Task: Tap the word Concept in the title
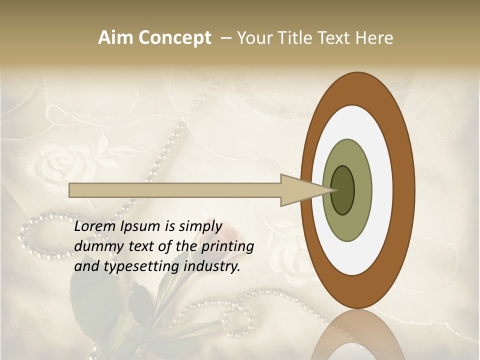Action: pos(174,38)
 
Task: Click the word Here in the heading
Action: pos(374,38)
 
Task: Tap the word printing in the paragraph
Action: pos(227,247)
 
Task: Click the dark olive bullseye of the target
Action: pos(342,190)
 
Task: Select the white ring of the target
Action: pos(380,190)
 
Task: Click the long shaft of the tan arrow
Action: pos(175,190)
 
